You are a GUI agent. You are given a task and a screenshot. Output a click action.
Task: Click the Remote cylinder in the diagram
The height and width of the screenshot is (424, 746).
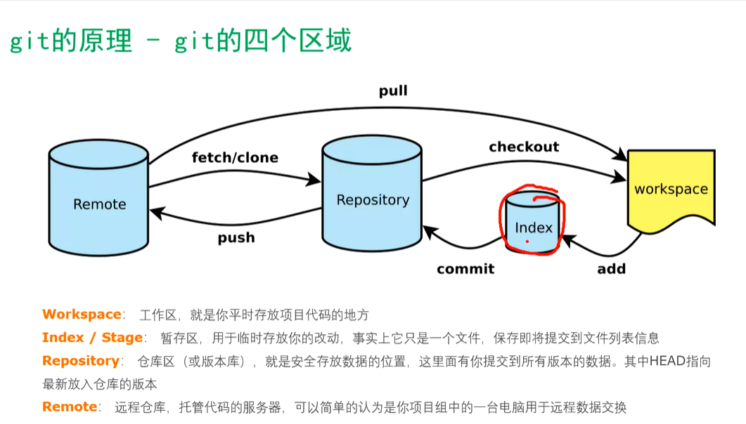click(x=98, y=197)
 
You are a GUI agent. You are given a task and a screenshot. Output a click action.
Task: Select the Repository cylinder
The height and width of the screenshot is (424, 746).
click(x=372, y=193)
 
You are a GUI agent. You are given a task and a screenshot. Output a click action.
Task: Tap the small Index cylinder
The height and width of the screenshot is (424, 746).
click(x=532, y=222)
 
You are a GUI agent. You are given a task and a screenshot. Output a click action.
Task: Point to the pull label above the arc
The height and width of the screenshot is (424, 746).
click(x=393, y=91)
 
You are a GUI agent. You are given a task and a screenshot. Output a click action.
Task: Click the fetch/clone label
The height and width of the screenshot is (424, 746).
click(x=235, y=157)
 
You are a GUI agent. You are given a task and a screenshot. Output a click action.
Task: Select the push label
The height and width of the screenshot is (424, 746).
click(x=236, y=237)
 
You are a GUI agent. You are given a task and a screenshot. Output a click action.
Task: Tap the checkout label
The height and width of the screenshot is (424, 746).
click(x=524, y=147)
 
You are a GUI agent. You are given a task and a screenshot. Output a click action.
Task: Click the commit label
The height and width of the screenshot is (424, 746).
click(x=465, y=269)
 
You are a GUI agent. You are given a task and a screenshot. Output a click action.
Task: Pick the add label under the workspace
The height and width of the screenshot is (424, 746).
click(x=612, y=269)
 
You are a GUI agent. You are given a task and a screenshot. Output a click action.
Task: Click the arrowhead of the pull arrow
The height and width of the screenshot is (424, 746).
click(x=620, y=154)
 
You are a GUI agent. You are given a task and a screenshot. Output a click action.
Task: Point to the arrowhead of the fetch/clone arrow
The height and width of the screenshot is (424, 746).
click(x=314, y=180)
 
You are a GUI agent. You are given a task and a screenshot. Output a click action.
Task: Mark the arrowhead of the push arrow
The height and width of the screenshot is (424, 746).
click(x=157, y=213)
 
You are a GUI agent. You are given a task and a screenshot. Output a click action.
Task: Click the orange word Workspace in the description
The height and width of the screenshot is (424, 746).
click(x=82, y=314)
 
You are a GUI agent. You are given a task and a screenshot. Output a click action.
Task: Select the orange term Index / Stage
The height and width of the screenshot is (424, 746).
click(x=92, y=338)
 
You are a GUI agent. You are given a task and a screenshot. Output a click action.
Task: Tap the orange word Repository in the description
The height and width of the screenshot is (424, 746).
click(x=80, y=362)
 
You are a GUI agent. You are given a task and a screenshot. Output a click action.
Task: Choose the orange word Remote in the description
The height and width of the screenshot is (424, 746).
click(x=70, y=407)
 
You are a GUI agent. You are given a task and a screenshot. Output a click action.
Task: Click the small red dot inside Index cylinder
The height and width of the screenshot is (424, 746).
click(x=527, y=241)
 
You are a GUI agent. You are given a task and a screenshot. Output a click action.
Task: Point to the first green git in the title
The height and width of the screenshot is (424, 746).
click(x=30, y=41)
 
